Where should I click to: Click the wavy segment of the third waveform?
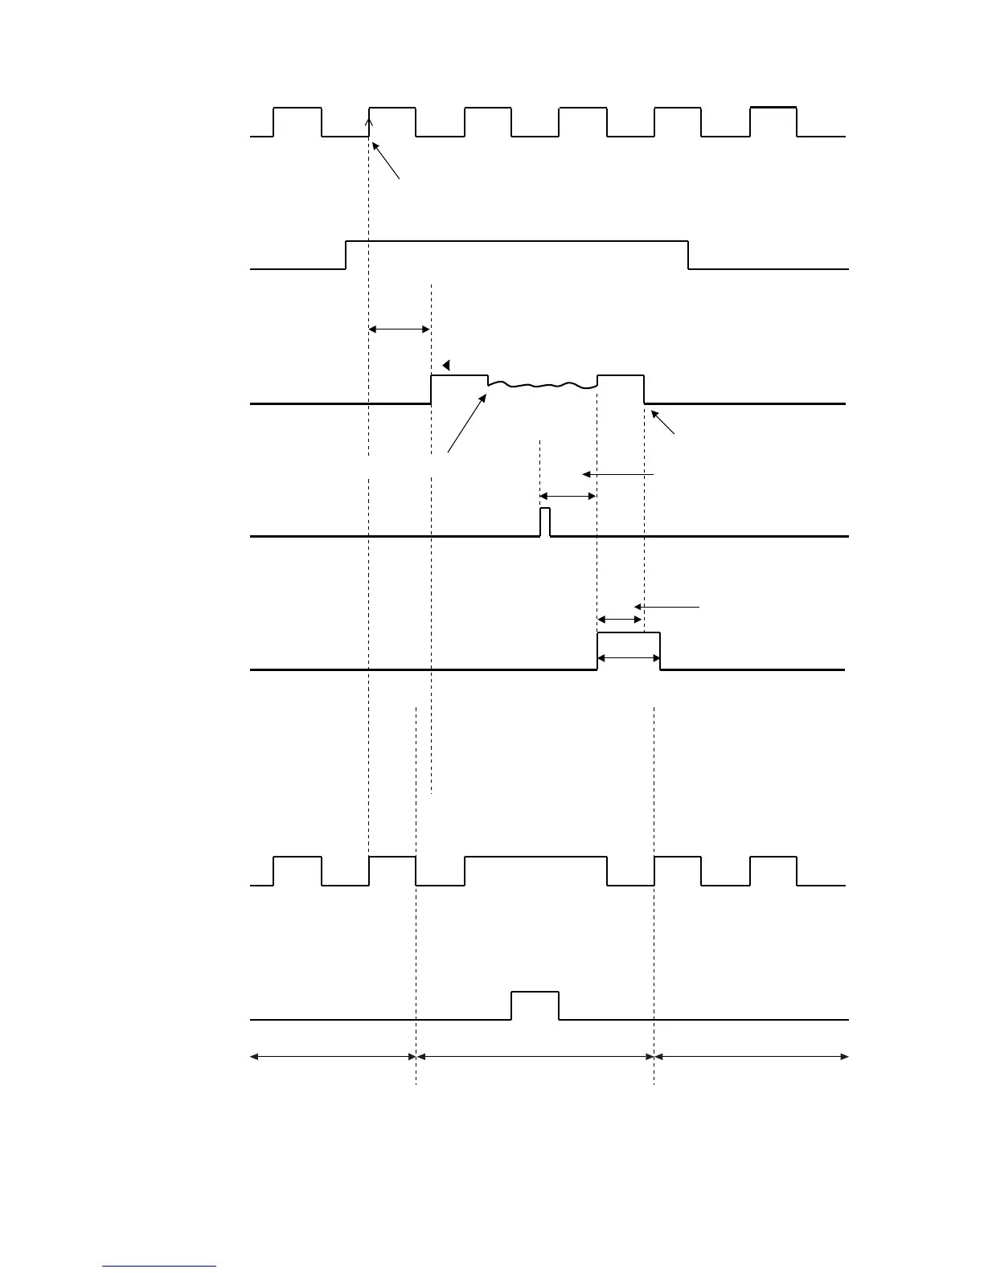point(543,387)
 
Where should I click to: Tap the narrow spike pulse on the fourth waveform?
point(545,521)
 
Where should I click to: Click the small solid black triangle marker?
point(446,365)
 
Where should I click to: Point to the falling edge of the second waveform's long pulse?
point(688,255)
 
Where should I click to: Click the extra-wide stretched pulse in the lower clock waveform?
point(535,858)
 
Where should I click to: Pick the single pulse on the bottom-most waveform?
point(535,994)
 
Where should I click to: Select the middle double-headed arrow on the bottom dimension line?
point(535,1057)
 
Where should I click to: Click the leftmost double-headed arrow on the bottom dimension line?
point(333,1057)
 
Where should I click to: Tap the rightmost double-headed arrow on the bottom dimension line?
point(752,1057)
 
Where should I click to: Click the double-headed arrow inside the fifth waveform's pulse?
point(629,658)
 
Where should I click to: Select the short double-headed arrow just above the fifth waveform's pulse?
point(620,620)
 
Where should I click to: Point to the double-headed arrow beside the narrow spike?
point(568,497)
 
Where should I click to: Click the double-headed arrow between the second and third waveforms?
point(400,329)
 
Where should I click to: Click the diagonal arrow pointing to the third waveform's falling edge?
point(663,422)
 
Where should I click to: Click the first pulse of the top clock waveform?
point(297,108)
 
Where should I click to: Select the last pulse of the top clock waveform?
point(773,108)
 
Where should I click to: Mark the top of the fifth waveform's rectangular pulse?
point(629,633)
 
